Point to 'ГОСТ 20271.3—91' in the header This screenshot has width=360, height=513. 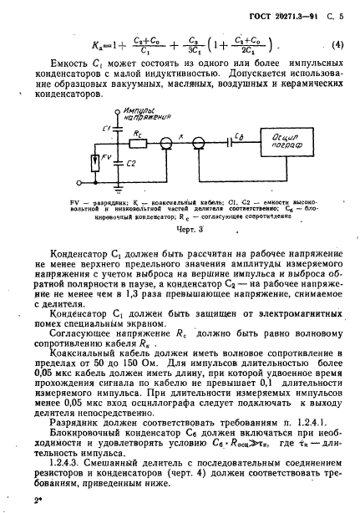point(272,11)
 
